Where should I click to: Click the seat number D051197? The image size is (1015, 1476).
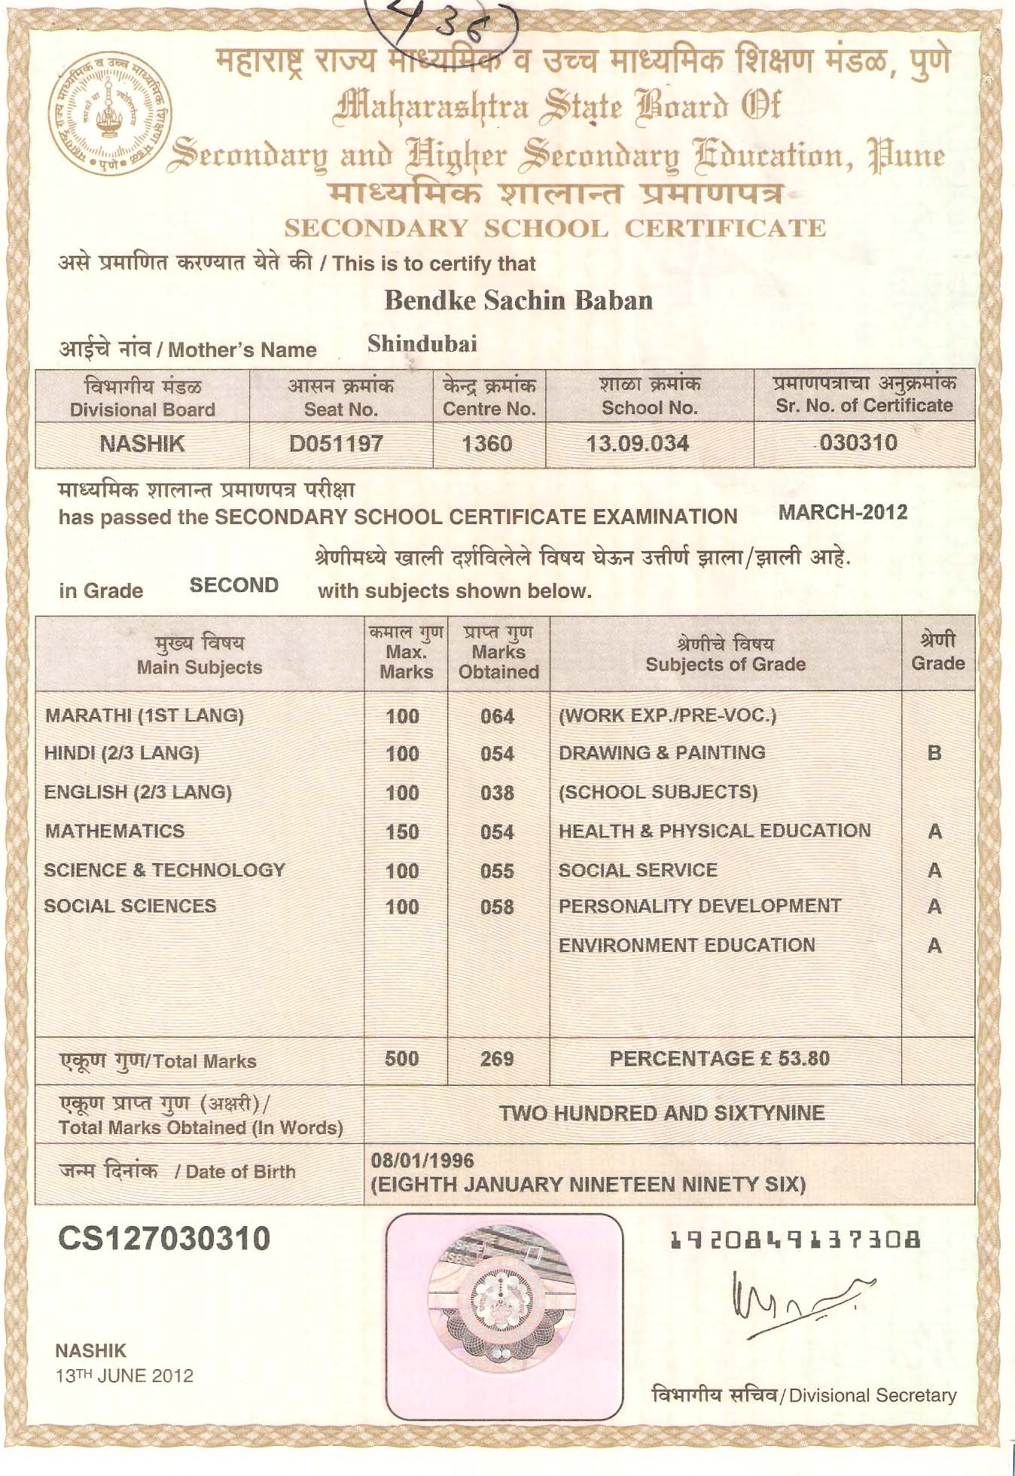pos(336,444)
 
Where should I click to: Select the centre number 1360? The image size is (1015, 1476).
pos(487,444)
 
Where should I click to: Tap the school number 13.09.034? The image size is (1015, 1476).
pos(638,444)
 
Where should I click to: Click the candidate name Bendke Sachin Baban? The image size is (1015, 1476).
pos(518,301)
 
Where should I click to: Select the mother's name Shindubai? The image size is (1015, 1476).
pos(422,344)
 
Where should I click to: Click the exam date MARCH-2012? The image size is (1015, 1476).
pos(843,513)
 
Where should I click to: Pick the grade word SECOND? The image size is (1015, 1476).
pos(234,586)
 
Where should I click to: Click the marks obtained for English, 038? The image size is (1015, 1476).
pos(497,793)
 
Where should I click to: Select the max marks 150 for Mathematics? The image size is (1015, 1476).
pos(402,832)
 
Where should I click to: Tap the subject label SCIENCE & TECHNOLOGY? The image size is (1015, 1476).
pos(164,871)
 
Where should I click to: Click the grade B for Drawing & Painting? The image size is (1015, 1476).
pos(934,753)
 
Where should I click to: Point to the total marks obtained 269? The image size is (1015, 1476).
pos(497,1060)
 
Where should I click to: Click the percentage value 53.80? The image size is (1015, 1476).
pos(803,1059)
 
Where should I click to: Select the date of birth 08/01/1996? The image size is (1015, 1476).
pos(422,1160)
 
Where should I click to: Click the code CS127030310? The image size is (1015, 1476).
pos(164,1239)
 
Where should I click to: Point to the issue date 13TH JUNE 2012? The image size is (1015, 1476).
pos(125,1376)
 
